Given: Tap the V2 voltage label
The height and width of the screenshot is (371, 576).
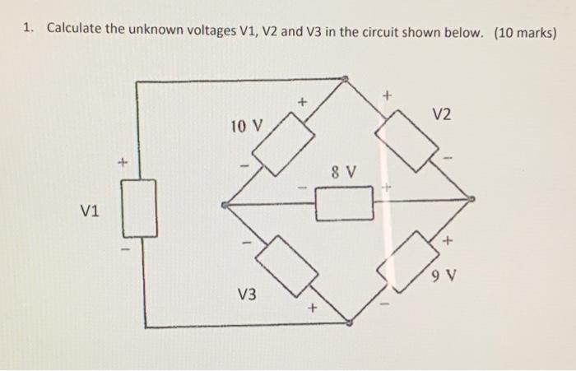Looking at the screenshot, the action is click(x=441, y=114).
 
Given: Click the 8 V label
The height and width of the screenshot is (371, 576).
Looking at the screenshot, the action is click(x=343, y=173).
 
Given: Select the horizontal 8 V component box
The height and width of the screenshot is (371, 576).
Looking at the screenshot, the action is click(x=344, y=203).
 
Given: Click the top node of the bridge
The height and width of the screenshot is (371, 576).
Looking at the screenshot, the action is click(x=346, y=80).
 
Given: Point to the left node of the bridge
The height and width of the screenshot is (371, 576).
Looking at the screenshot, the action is click(x=225, y=204).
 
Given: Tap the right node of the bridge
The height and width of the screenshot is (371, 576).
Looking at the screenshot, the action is click(x=470, y=198).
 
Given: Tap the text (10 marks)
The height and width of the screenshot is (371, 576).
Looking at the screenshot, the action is click(x=525, y=32).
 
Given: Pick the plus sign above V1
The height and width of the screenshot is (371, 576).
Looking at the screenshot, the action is click(x=122, y=163).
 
